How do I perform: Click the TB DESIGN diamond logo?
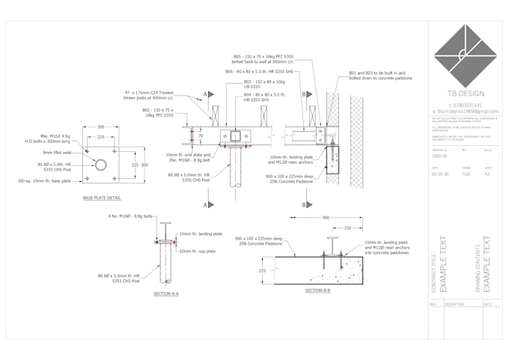pyautogui.click(x=465, y=52)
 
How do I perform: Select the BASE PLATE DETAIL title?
pyautogui.click(x=102, y=198)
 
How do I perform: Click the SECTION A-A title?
pyautogui.click(x=166, y=293)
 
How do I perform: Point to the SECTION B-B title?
pyautogui.click(x=318, y=290)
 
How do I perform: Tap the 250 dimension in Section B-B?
pyautogui.click(x=347, y=228)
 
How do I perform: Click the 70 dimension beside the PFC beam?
pyautogui.click(x=200, y=135)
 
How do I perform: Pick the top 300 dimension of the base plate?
pyautogui.click(x=101, y=129)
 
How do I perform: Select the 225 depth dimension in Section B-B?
pyautogui.click(x=262, y=272)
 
